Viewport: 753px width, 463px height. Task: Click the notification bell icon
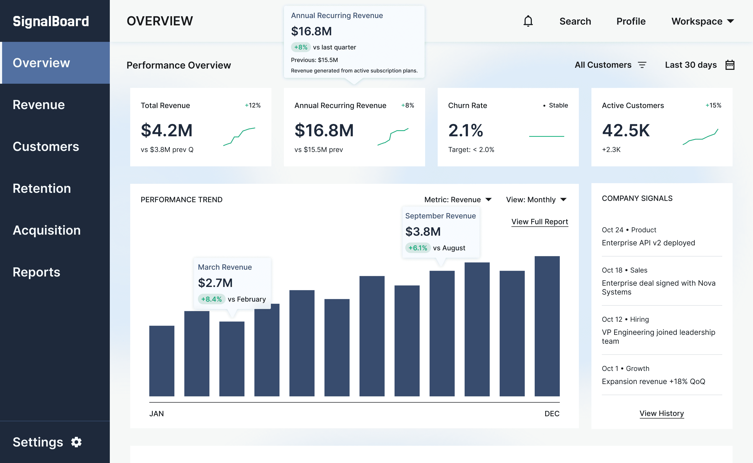528,21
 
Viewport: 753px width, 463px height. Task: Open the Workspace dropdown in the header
702,21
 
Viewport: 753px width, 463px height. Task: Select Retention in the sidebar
42,188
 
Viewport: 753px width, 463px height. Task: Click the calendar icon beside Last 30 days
730,65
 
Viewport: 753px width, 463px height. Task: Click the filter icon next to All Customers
642,65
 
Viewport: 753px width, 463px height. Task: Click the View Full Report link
539,222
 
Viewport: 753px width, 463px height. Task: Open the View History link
661,413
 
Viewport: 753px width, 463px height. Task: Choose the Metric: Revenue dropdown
458,200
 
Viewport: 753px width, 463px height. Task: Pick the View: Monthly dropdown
536,200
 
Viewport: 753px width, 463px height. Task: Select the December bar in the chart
547,326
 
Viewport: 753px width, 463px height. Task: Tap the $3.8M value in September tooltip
423,232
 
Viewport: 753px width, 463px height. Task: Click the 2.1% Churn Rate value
465,131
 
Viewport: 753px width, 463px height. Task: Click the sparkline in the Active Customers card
700,137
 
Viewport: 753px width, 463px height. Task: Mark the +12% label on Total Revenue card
253,105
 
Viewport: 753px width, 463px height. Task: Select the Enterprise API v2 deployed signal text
648,243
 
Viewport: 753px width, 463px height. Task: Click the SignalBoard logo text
51,21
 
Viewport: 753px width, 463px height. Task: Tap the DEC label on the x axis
552,414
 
